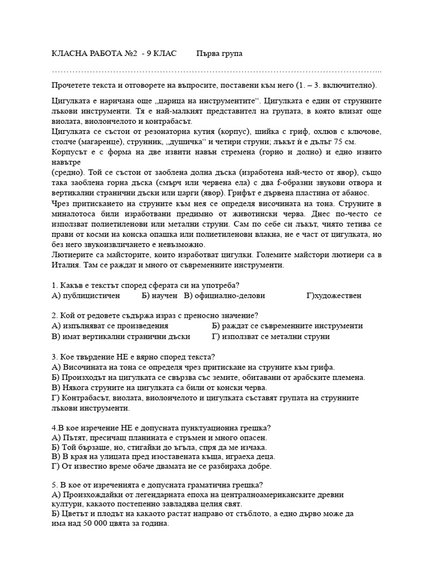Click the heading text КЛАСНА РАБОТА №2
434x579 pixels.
point(94,53)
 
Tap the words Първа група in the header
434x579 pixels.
point(219,53)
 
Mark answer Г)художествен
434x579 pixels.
point(333,295)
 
